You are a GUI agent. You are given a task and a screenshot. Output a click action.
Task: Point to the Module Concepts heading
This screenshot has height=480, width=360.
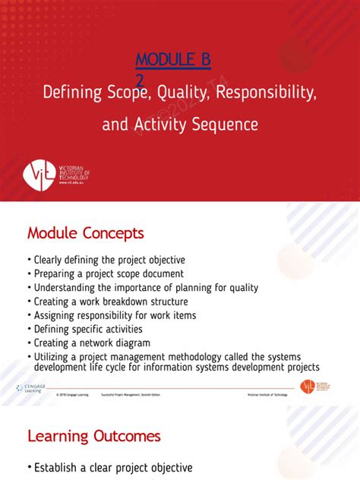tap(85, 232)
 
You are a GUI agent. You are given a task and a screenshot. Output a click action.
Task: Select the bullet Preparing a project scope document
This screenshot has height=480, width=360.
tap(109, 273)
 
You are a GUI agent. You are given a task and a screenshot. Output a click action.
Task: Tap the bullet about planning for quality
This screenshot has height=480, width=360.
tap(146, 287)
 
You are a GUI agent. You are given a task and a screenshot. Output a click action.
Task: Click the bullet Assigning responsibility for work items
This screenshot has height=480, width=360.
tap(115, 315)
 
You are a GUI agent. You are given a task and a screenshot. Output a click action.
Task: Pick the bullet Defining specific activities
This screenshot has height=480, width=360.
tap(88, 329)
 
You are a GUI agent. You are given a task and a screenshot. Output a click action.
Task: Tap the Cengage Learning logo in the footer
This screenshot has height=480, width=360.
tap(31, 388)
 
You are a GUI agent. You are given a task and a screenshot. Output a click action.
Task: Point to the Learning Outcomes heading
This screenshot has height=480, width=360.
tap(94, 436)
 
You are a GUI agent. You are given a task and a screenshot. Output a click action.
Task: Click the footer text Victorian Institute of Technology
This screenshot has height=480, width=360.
tap(268, 395)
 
